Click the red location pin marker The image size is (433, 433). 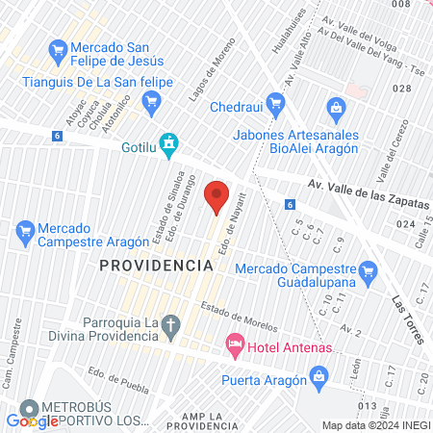pyautogui.click(x=216, y=196)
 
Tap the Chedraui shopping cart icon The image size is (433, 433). pyautogui.click(x=276, y=102)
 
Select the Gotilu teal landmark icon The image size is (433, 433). pyautogui.click(x=170, y=146)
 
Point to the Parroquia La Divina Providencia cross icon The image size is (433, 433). pyautogui.click(x=170, y=325)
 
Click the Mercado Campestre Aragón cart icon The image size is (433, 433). pyautogui.click(x=26, y=231)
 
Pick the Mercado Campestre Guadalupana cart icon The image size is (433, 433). pyautogui.click(x=367, y=275)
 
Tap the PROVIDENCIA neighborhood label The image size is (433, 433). pyautogui.click(x=156, y=265)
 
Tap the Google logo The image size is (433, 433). pyautogui.click(x=32, y=420)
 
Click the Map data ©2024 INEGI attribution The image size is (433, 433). pyautogui.click(x=374, y=425)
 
